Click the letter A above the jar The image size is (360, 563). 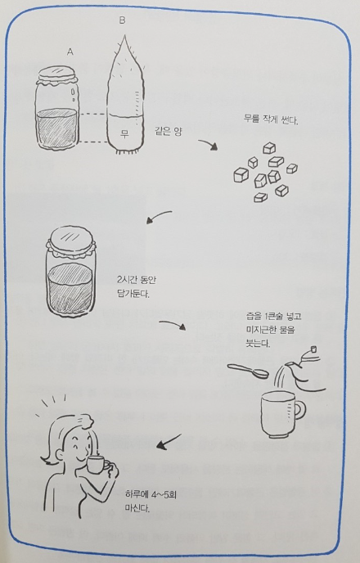[70, 52]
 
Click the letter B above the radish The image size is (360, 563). [122, 20]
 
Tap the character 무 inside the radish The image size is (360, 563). [124, 134]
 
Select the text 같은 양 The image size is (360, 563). [169, 131]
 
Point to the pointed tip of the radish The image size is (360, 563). [124, 35]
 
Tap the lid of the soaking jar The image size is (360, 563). [71, 239]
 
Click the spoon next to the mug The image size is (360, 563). [248, 371]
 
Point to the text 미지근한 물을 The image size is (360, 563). [270, 330]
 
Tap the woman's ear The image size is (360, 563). [59, 454]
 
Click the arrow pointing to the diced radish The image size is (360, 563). [208, 144]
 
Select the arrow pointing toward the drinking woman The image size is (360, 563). [169, 442]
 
